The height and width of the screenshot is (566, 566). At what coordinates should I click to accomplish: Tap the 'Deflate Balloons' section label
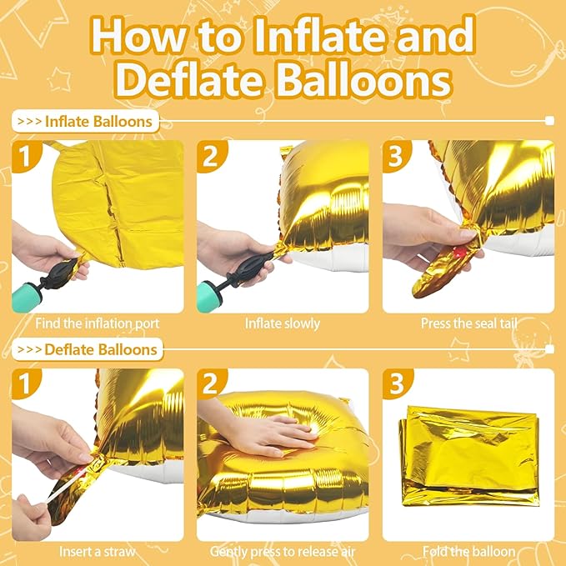click(102, 348)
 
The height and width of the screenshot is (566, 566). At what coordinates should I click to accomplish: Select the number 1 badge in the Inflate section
click(26, 156)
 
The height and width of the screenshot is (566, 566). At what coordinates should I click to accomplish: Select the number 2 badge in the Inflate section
click(212, 156)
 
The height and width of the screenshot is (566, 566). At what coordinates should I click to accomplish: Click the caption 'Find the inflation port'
click(98, 323)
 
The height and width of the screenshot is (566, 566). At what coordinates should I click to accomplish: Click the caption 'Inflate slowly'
click(283, 323)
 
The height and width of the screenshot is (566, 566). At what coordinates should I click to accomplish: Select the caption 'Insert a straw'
click(98, 551)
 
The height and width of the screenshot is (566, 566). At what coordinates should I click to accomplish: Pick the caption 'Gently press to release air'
click(283, 551)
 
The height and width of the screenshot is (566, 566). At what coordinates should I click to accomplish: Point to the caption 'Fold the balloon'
click(468, 551)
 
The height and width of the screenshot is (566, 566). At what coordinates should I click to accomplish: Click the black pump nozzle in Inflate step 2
click(251, 266)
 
